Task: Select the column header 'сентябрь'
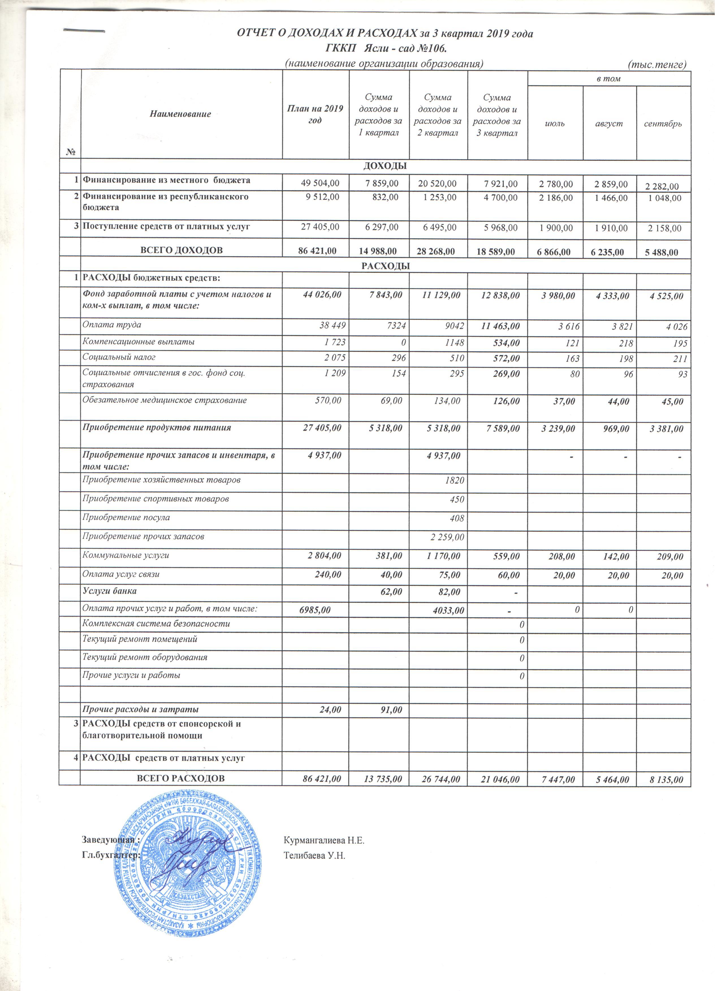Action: pos(667,124)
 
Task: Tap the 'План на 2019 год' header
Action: pos(318,114)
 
